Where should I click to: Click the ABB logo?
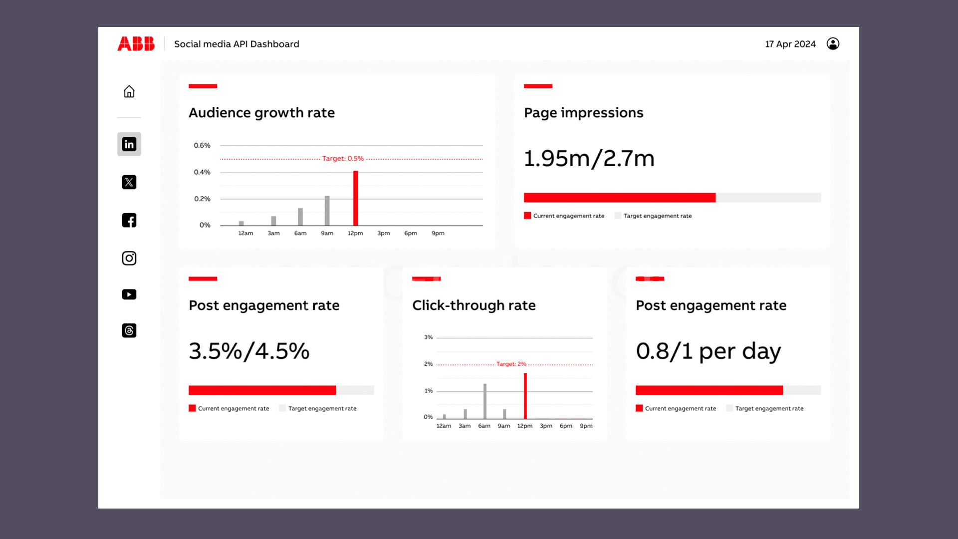(x=136, y=44)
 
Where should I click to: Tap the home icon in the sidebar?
(x=129, y=91)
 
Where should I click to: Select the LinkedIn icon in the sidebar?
(x=129, y=144)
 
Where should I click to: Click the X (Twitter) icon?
(x=129, y=182)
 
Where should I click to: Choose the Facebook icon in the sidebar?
(x=129, y=220)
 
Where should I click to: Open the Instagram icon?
(x=129, y=258)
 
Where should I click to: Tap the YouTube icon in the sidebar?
(x=129, y=294)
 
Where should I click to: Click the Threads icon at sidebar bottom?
(x=129, y=330)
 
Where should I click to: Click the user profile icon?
(x=833, y=44)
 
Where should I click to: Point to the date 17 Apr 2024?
(x=790, y=44)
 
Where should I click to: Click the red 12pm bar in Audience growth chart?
(x=356, y=198)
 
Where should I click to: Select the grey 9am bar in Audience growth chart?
(x=327, y=211)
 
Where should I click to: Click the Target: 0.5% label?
(x=343, y=158)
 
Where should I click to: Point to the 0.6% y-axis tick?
(x=202, y=145)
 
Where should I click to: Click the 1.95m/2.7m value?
(x=589, y=159)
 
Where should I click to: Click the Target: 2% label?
(x=511, y=364)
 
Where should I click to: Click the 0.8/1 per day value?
(x=708, y=351)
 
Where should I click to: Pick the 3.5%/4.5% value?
(x=249, y=351)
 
